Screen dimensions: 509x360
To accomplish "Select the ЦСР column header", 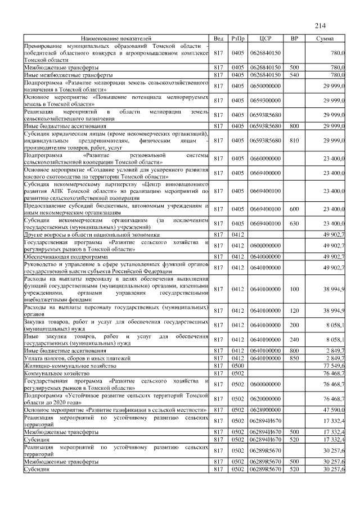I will click(266, 38).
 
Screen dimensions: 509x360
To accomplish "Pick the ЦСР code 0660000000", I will click(265, 159).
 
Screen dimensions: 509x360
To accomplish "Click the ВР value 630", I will click(294, 223).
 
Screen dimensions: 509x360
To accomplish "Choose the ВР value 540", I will click(294, 74).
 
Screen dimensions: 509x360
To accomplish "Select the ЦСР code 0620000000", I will click(265, 398).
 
